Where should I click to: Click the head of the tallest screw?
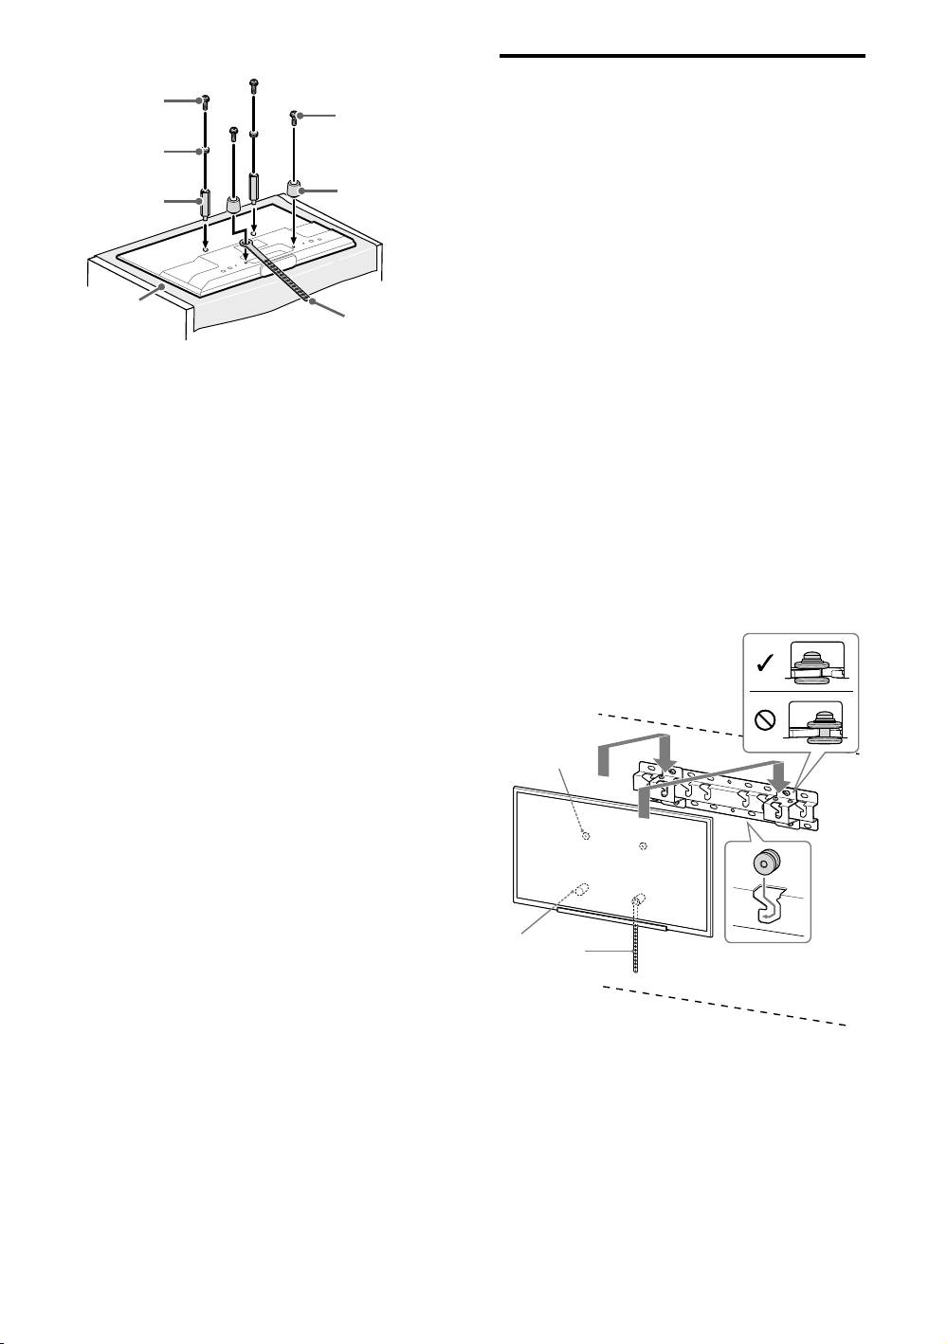click(x=253, y=83)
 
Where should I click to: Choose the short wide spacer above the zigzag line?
click(x=232, y=205)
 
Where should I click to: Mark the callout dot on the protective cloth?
click(x=164, y=284)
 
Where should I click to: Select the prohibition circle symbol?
click(x=766, y=719)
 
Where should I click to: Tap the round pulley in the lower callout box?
click(x=765, y=863)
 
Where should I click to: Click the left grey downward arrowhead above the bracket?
click(x=667, y=762)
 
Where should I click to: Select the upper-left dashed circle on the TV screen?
click(x=585, y=836)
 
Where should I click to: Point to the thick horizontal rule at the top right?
click(x=682, y=56)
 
